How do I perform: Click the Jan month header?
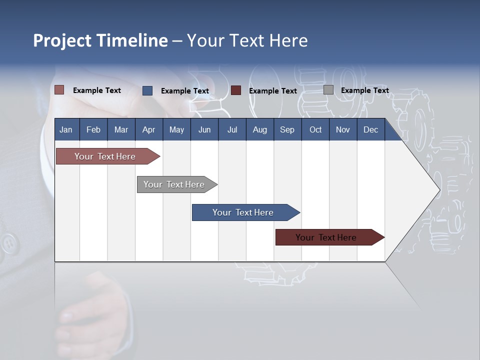[x=66, y=129]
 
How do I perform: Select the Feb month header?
[x=93, y=129]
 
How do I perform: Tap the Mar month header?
[x=121, y=129]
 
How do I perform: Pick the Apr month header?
[x=149, y=129]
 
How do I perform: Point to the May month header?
[x=176, y=129]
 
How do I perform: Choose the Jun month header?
[x=204, y=129]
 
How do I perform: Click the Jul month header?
[x=232, y=129]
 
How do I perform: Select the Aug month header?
[x=260, y=129]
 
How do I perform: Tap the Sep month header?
[x=287, y=129]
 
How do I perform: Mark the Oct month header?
[x=315, y=129]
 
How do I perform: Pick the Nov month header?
[x=343, y=129]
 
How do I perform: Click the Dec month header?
[x=371, y=129]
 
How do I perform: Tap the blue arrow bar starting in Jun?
[x=243, y=212]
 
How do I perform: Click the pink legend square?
[x=59, y=90]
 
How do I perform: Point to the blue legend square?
[x=147, y=90]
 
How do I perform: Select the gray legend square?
[x=328, y=90]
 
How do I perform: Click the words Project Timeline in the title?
[x=100, y=40]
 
